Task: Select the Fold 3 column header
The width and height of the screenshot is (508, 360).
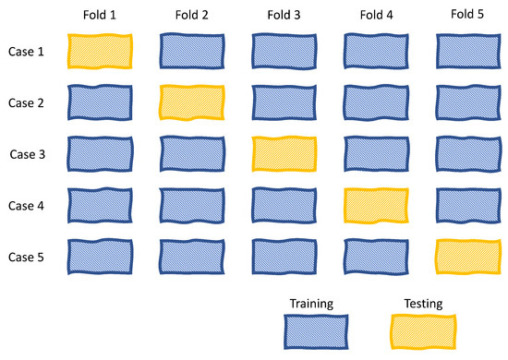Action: pyautogui.click(x=284, y=17)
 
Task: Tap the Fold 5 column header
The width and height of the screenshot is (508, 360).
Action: pyautogui.click(x=467, y=16)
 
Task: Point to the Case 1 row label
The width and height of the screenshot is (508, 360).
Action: pyautogui.click(x=28, y=52)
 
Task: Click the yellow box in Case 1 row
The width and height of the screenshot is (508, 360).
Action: pyautogui.click(x=100, y=52)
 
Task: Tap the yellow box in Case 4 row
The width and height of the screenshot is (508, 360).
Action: pyautogui.click(x=376, y=204)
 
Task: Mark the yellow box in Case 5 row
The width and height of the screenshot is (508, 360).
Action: pyautogui.click(x=467, y=256)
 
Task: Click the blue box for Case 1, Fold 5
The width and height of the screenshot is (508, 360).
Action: pyautogui.click(x=467, y=52)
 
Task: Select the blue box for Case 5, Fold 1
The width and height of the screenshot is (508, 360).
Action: pyautogui.click(x=100, y=256)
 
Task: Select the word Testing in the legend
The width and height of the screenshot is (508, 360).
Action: pyautogui.click(x=424, y=303)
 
